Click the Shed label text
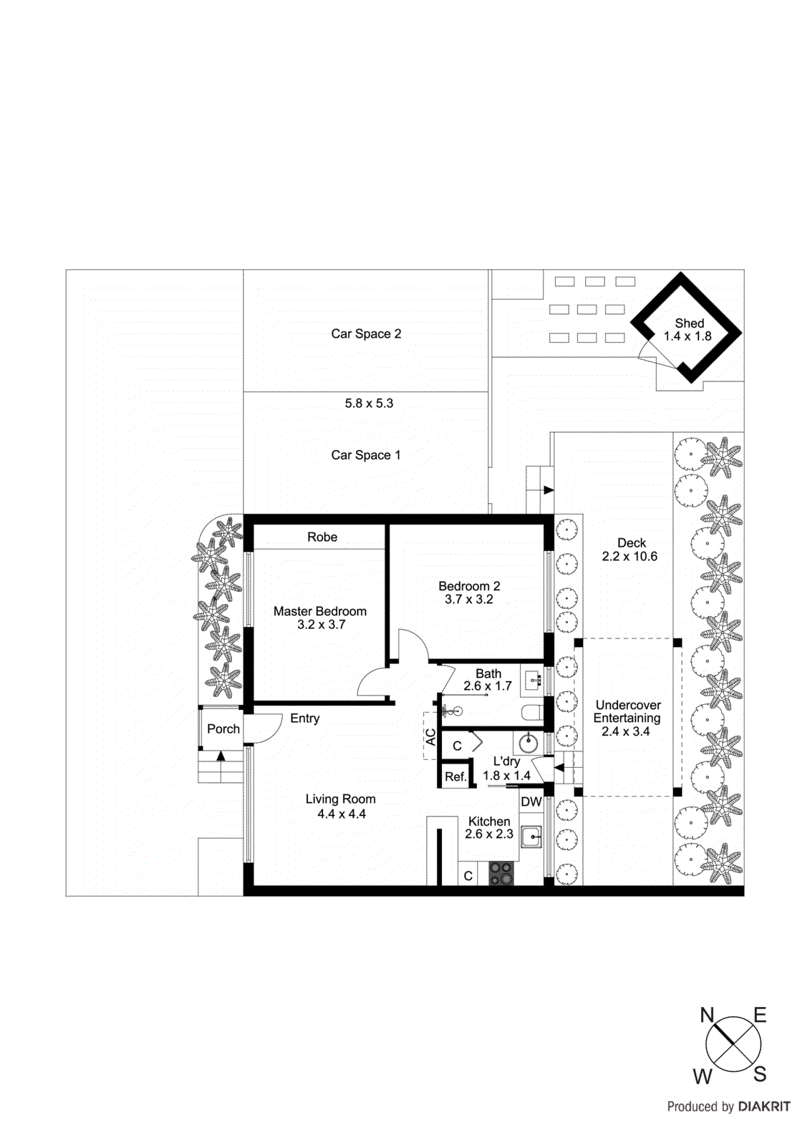click(x=689, y=323)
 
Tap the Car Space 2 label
click(x=366, y=334)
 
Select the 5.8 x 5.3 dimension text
click(x=369, y=404)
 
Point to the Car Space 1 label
click(x=366, y=455)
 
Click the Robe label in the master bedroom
click(x=322, y=537)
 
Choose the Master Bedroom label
click(x=320, y=612)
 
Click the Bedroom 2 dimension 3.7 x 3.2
click(x=469, y=600)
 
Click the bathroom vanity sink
click(x=531, y=680)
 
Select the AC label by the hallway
click(x=431, y=737)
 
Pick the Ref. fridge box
click(x=455, y=776)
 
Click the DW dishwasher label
click(x=531, y=802)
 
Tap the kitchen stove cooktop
click(x=501, y=874)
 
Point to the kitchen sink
click(x=531, y=836)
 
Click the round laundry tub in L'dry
click(x=529, y=743)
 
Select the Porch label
click(x=223, y=729)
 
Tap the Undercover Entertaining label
click(x=627, y=712)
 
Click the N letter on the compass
click(x=707, y=1015)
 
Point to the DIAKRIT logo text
click(x=764, y=1107)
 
